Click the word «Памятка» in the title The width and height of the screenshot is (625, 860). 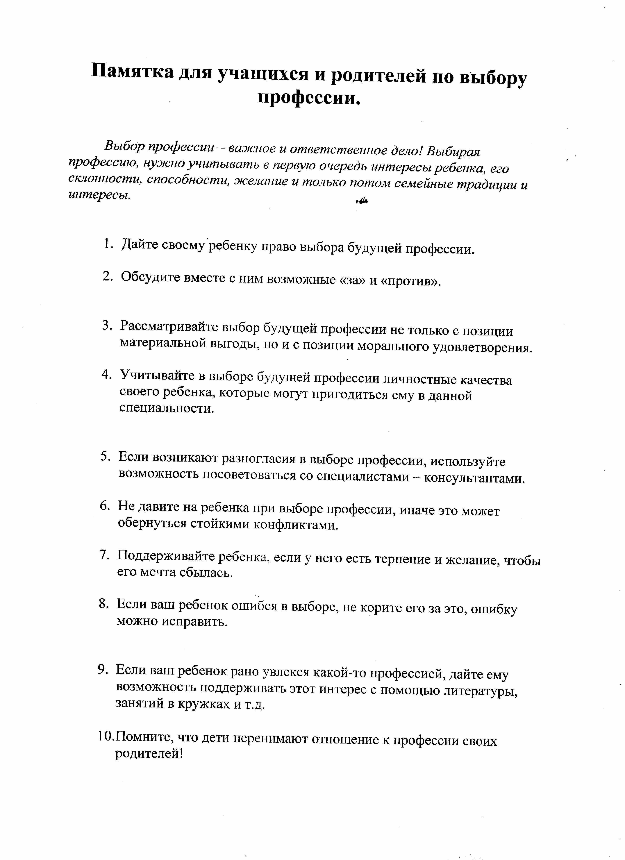click(x=132, y=71)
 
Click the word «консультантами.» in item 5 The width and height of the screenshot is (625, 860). click(x=474, y=479)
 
